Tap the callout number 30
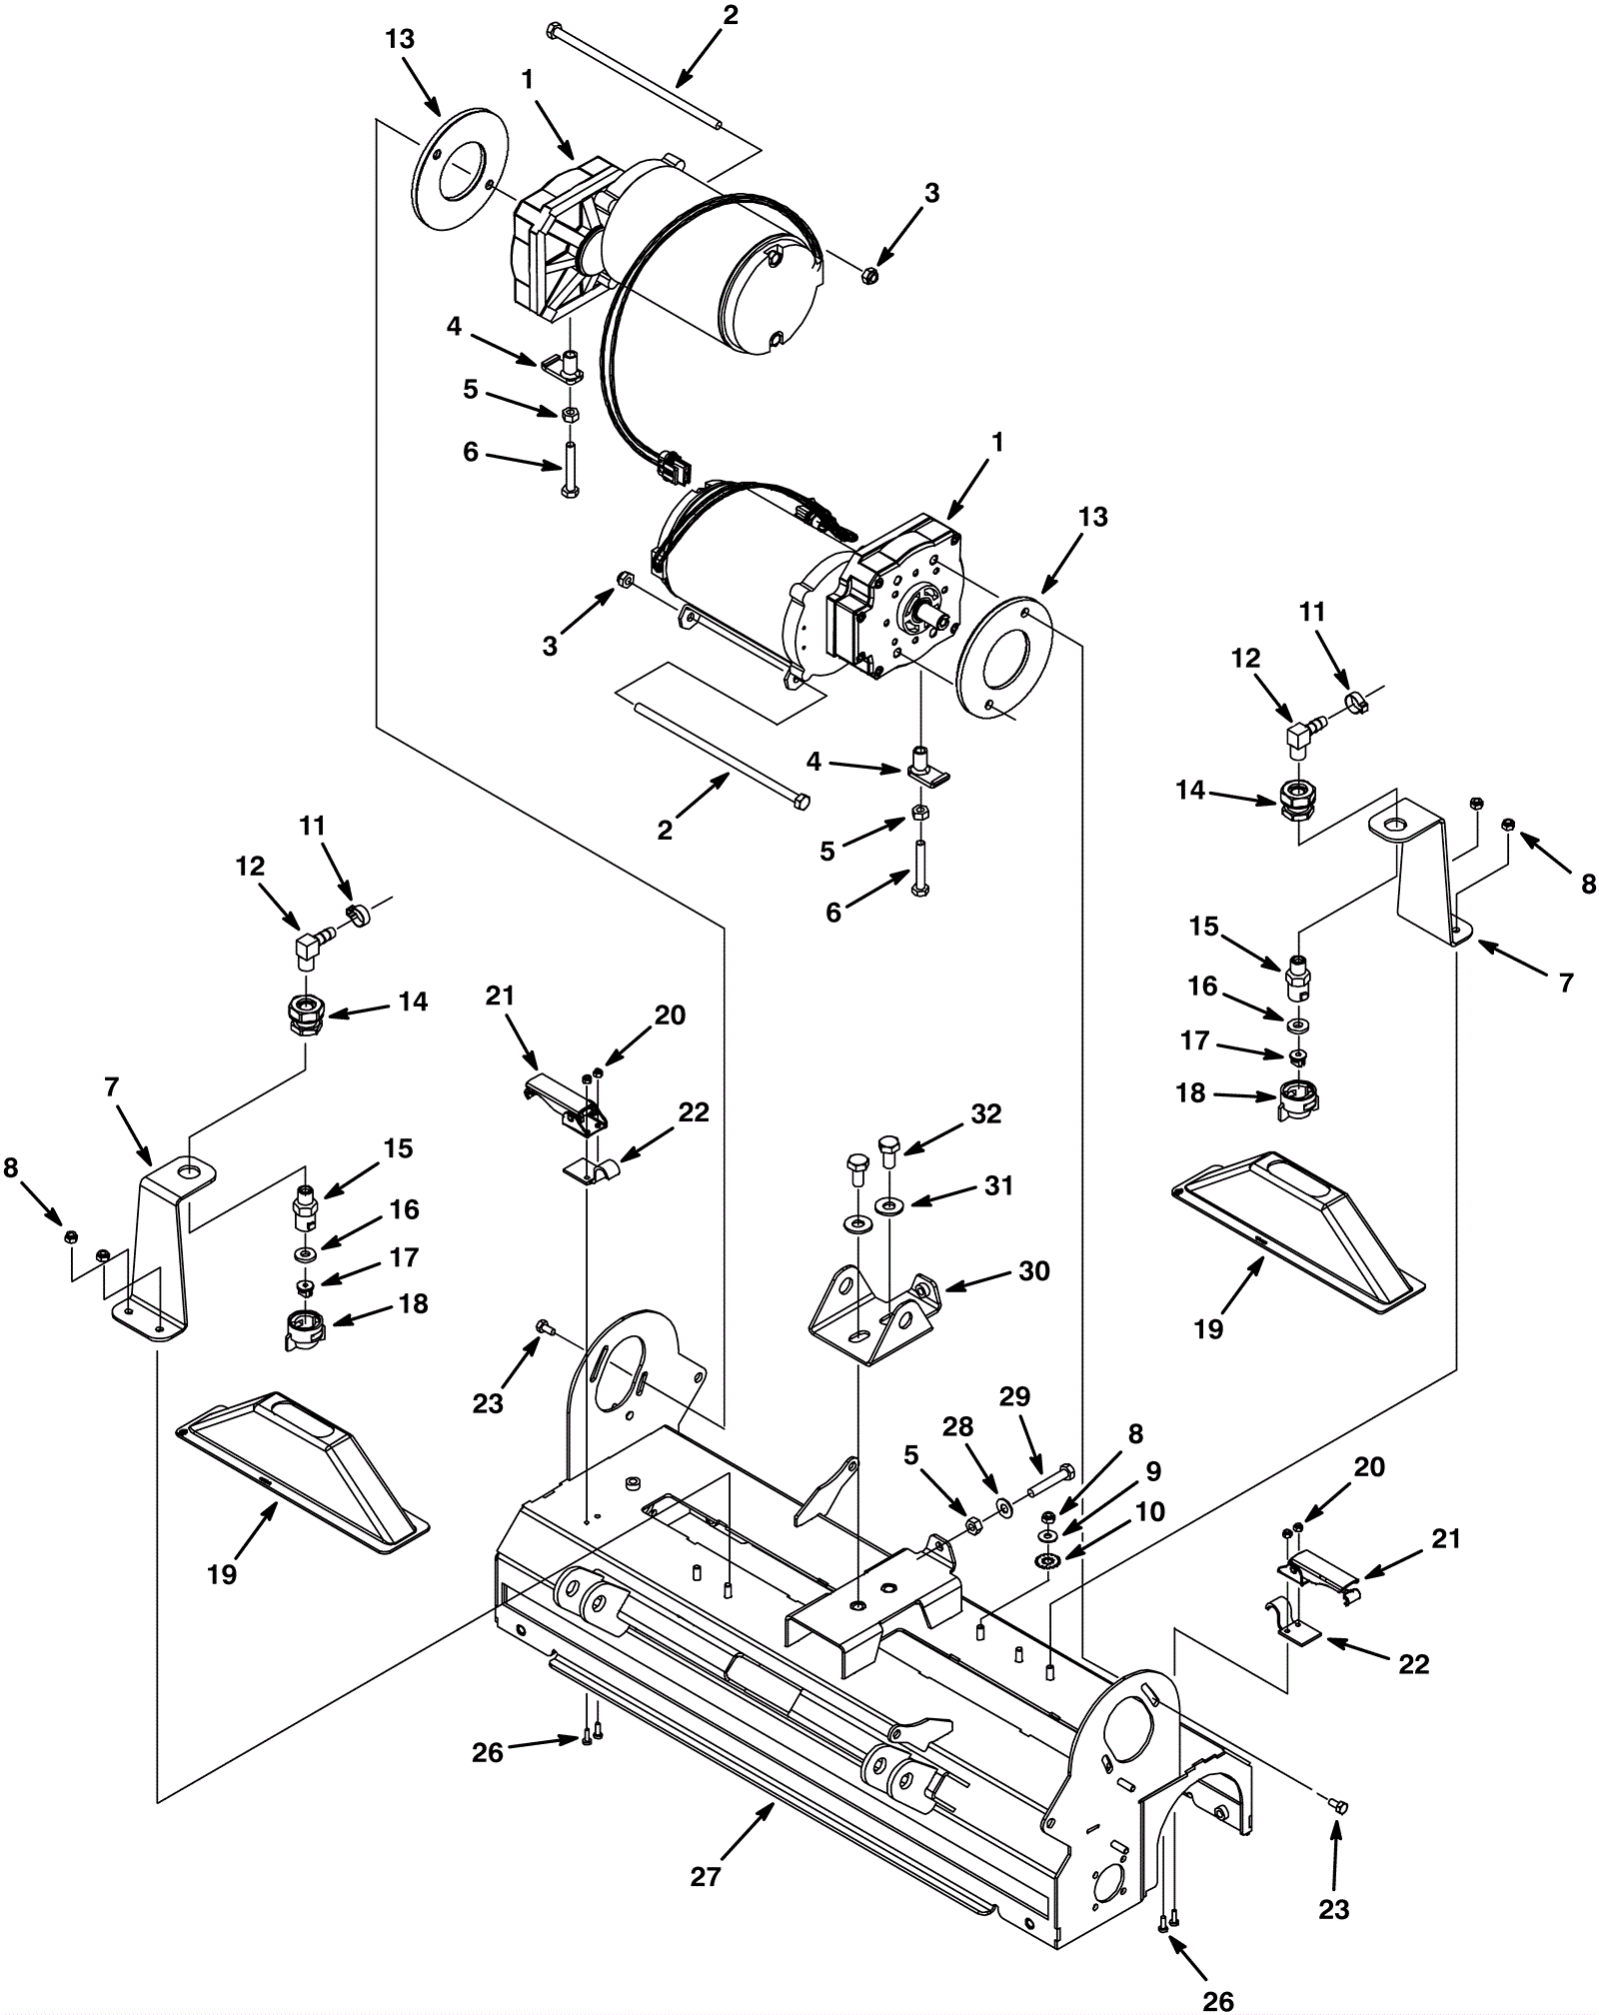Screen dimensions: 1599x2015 click(1033, 1270)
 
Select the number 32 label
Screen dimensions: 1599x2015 click(985, 1113)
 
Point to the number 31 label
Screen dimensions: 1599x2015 click(997, 1185)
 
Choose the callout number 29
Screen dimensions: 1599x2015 click(1014, 1396)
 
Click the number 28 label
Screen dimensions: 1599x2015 click(957, 1426)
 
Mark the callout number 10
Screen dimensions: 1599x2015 click(1149, 1511)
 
